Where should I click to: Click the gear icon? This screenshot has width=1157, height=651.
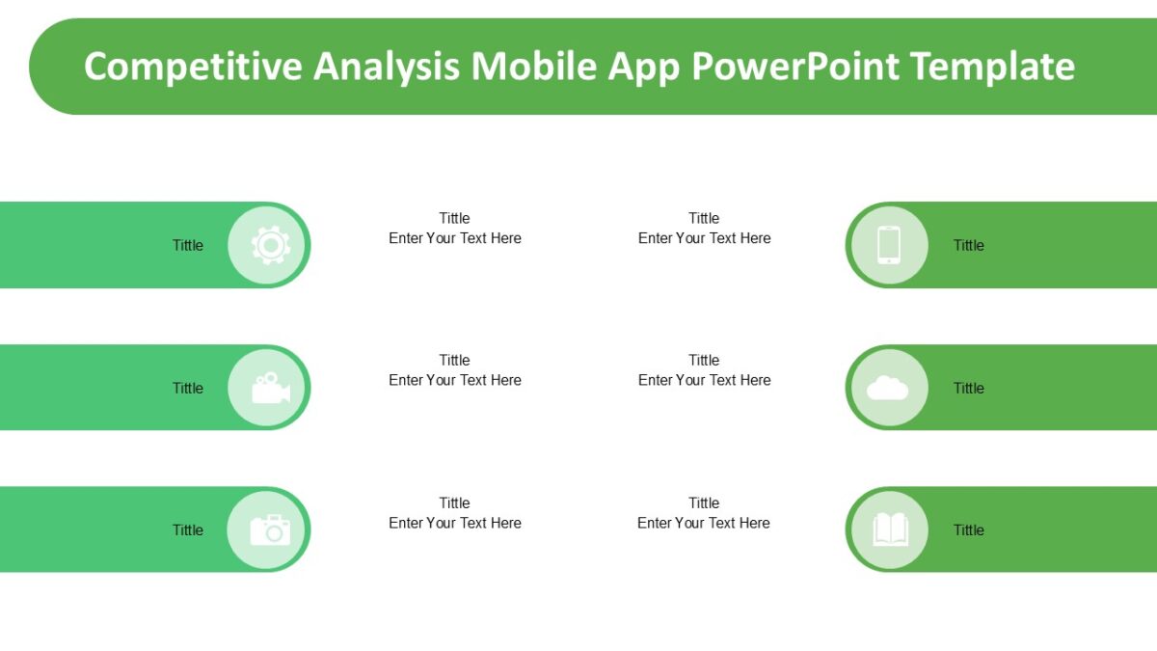270,245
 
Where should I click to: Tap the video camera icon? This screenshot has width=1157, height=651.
270,388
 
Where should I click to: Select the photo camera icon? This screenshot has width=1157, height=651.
270,529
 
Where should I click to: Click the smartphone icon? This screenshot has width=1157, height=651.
888,245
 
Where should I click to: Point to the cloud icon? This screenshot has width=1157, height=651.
888,388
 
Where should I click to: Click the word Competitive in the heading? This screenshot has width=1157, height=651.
192,67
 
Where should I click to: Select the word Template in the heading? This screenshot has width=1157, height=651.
992,67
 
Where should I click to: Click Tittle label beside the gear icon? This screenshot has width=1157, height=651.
188,245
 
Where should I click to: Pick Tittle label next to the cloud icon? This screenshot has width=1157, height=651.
969,388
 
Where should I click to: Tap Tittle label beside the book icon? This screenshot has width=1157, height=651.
969,529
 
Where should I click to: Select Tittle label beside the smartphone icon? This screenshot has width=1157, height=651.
969,245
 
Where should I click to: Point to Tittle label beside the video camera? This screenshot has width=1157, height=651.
188,388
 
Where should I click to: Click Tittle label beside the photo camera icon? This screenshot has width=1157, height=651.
188,529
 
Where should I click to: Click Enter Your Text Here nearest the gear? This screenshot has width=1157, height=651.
455,238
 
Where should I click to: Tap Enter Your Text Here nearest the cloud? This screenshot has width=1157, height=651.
705,380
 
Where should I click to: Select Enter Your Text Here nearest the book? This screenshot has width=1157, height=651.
704,523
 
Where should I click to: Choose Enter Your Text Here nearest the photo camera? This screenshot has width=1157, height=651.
455,523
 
